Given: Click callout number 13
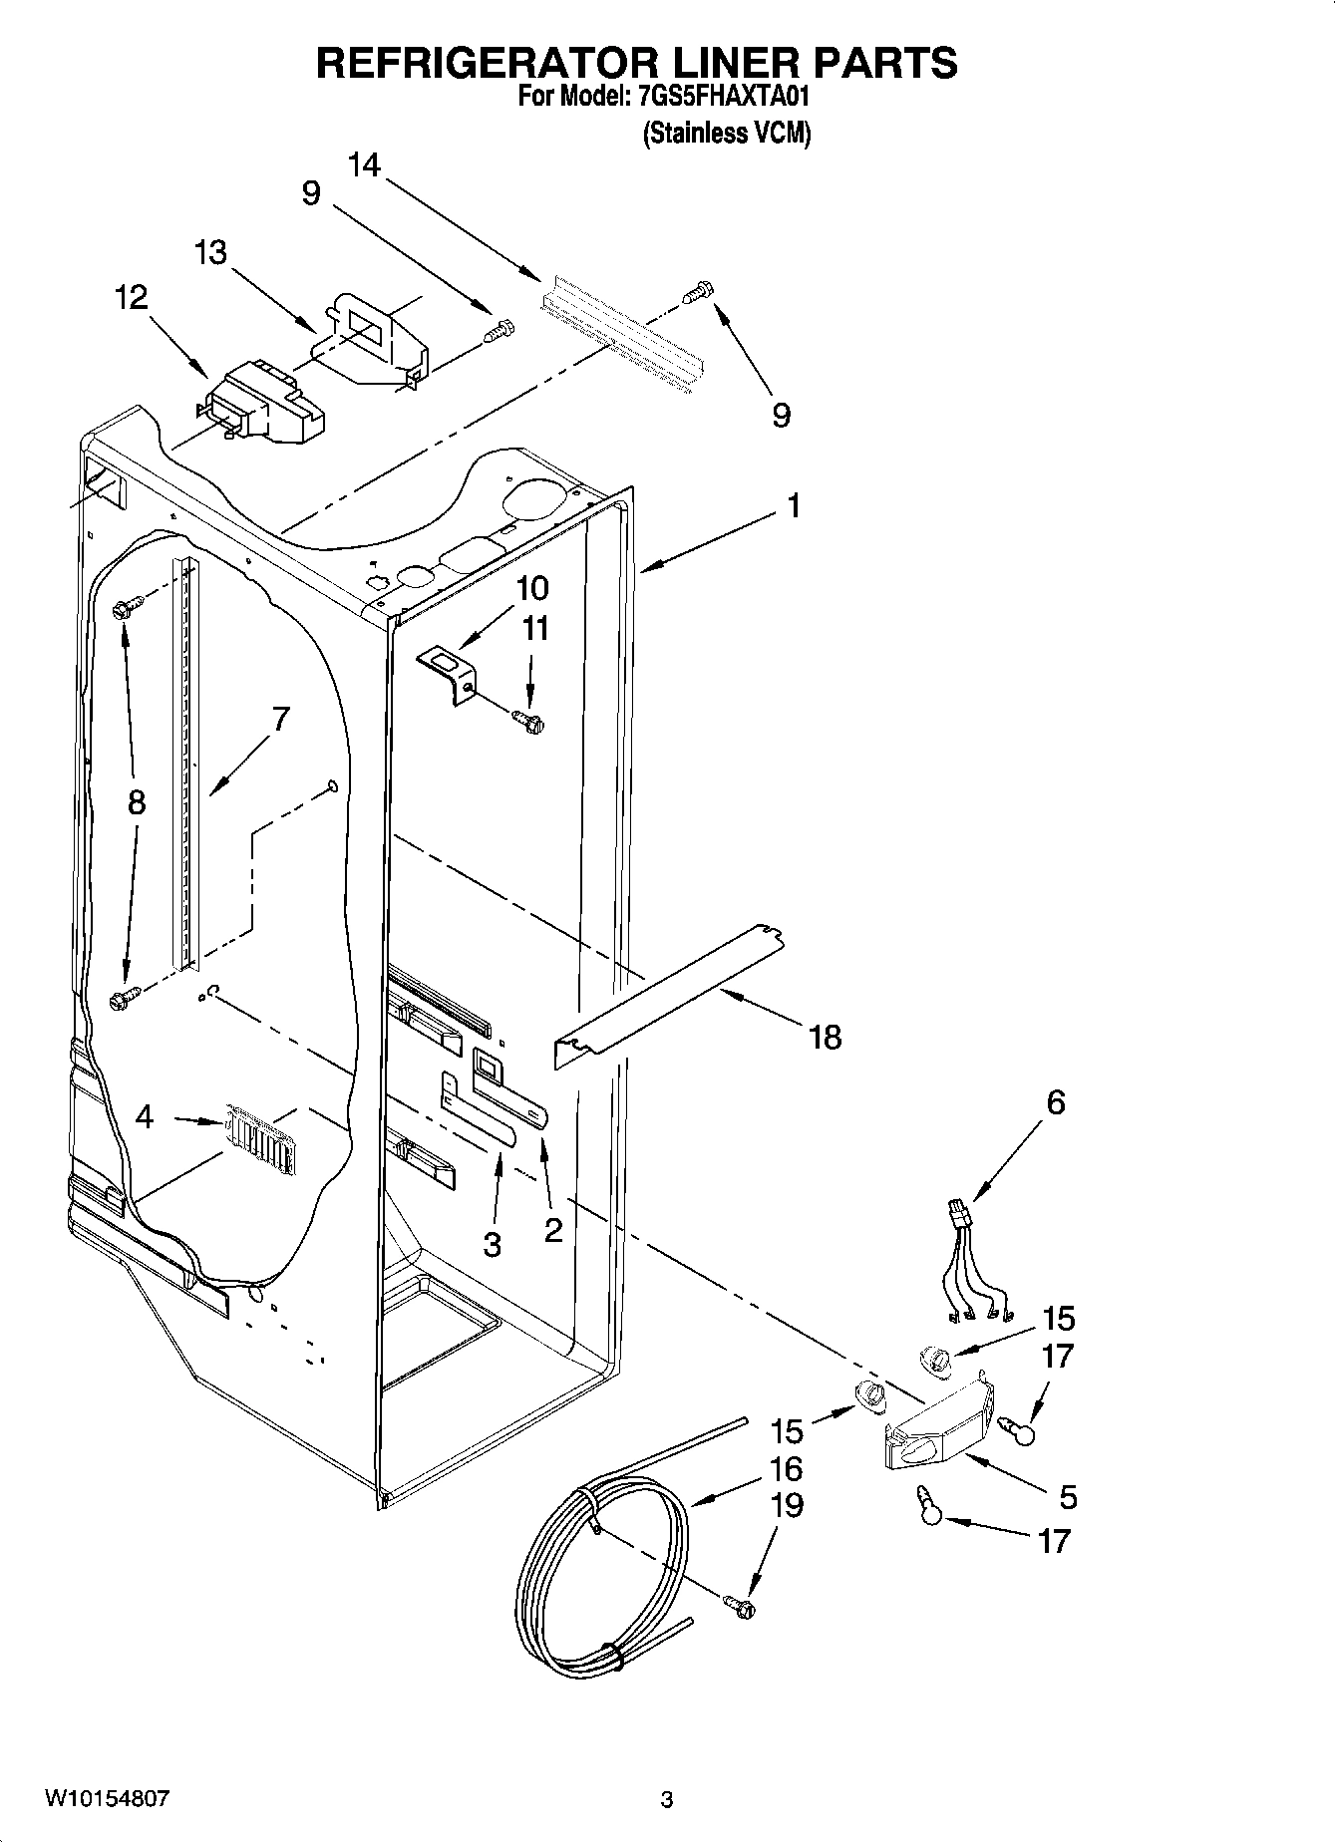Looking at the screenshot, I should pos(211,252).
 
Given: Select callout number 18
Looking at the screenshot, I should pos(826,1038).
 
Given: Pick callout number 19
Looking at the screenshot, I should pos(787,1504).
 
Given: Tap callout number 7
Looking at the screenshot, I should pos(280,718).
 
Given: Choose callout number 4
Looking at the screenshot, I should pos(145,1117).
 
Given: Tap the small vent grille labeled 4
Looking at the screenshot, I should pos(259,1133).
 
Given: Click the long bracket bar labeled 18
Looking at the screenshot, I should pos(668,997).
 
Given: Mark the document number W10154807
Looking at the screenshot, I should pos(107,1799).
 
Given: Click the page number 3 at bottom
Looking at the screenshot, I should pos(667,1800).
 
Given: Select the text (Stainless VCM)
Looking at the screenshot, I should pos(726,133).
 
